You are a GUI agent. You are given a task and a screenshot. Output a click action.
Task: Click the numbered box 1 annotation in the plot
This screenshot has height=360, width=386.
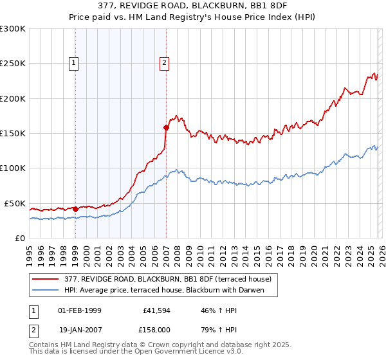(x=75, y=63)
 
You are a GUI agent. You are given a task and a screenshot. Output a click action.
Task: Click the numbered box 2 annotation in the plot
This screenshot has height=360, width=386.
(x=165, y=63)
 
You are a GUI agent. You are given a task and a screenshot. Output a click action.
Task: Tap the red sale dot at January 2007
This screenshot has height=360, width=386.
(x=166, y=127)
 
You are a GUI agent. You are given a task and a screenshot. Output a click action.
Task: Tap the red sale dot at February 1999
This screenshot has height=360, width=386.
(x=75, y=208)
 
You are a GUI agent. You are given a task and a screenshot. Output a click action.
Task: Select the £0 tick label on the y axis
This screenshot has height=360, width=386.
(x=19, y=238)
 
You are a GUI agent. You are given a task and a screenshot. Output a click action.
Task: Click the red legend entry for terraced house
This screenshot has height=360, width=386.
(x=170, y=279)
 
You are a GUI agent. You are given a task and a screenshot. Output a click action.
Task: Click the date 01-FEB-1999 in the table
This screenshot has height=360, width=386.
(x=80, y=310)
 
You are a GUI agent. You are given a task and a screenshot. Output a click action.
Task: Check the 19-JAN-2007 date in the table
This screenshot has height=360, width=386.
(x=80, y=328)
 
